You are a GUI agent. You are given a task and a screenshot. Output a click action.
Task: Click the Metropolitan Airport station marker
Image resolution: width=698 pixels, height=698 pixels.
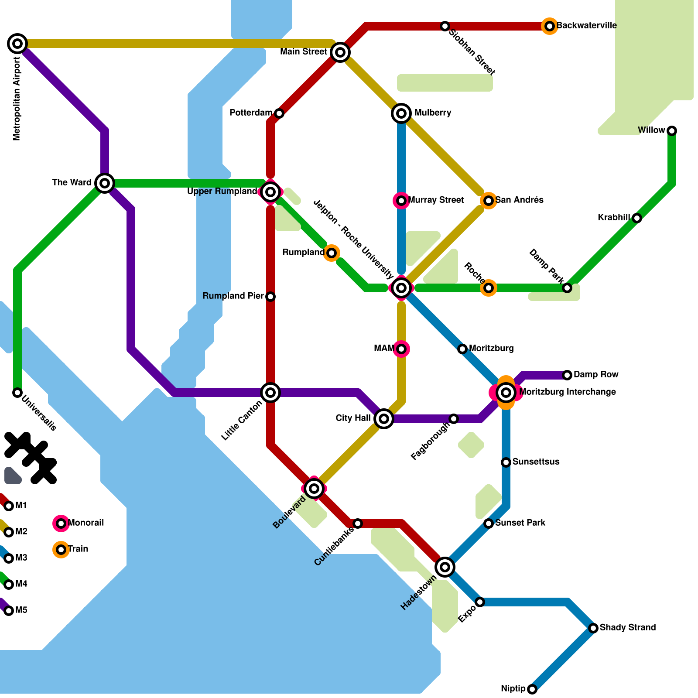pyautogui.click(x=17, y=44)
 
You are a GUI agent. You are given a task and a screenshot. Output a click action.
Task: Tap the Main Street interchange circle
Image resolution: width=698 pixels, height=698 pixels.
pyautogui.click(x=340, y=52)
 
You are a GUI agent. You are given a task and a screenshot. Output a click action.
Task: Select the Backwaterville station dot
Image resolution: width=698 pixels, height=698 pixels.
pyautogui.click(x=550, y=26)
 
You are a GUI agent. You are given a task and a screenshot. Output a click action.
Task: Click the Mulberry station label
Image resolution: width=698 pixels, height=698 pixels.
pyautogui.click(x=432, y=113)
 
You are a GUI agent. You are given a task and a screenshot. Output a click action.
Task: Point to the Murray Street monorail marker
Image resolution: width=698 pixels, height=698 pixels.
pyautogui.click(x=401, y=201)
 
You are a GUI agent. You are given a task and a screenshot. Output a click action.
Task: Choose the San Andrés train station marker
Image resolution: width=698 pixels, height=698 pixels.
pyautogui.click(x=489, y=201)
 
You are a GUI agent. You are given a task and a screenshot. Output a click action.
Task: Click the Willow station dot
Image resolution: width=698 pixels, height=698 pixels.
pyautogui.click(x=672, y=131)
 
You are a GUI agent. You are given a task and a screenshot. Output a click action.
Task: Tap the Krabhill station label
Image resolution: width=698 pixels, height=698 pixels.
pyautogui.click(x=613, y=218)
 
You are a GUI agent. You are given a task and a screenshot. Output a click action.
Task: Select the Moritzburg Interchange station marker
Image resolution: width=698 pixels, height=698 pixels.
pyautogui.click(x=506, y=393)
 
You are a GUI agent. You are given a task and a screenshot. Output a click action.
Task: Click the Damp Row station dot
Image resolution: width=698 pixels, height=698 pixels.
pyautogui.click(x=567, y=375)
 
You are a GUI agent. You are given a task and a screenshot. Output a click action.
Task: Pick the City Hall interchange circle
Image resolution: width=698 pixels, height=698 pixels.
pyautogui.click(x=384, y=419)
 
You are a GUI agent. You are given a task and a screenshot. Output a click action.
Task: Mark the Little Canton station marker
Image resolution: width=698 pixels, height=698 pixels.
pyautogui.click(x=270, y=393)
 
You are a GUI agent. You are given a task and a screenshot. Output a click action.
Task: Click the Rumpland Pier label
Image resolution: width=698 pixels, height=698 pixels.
pyautogui.click(x=233, y=296)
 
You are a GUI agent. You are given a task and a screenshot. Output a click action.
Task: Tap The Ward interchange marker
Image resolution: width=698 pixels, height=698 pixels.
pyautogui.click(x=105, y=183)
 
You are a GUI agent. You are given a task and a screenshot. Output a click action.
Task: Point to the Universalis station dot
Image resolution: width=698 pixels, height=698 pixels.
pyautogui.click(x=17, y=393)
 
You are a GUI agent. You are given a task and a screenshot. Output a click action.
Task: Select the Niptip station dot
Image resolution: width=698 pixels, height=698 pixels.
pyautogui.click(x=532, y=689)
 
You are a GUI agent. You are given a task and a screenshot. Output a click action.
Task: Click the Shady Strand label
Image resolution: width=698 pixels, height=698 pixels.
pyautogui.click(x=627, y=628)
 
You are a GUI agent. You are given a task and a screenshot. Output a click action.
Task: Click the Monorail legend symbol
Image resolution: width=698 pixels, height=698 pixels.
pyautogui.click(x=61, y=523)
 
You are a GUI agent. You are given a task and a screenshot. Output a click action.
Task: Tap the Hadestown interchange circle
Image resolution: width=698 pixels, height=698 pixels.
pyautogui.click(x=445, y=567)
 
